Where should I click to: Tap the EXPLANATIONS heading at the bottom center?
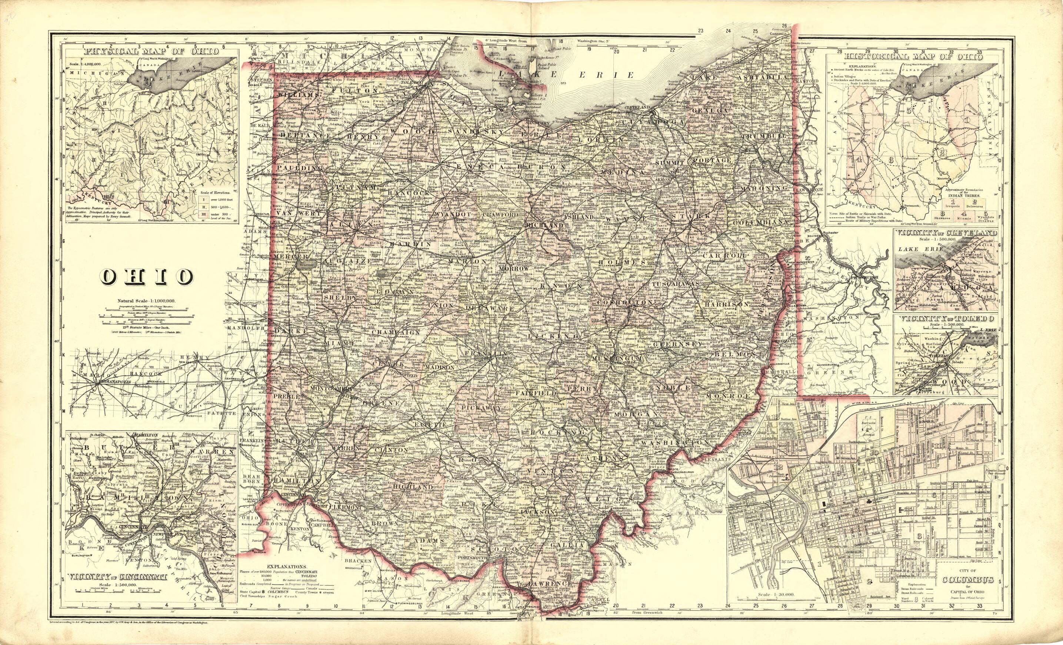287,566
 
